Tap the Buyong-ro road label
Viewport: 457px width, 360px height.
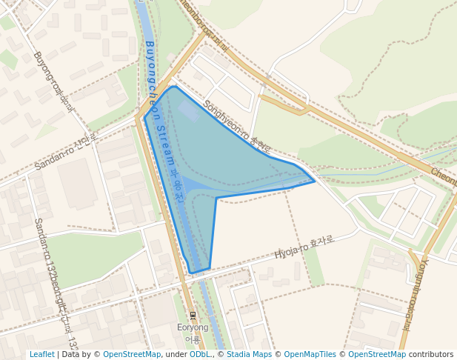click(x=54, y=81)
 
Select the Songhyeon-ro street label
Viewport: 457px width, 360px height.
click(x=237, y=126)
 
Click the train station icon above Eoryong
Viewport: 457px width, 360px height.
click(x=193, y=316)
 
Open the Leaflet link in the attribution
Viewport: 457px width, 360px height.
click(x=42, y=355)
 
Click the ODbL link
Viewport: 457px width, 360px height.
click(x=199, y=355)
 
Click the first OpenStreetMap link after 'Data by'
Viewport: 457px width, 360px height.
click(x=132, y=355)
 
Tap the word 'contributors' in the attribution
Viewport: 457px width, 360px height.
click(x=431, y=355)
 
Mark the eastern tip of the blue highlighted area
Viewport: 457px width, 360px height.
click(x=314, y=180)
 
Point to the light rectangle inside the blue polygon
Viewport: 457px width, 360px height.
click(x=188, y=111)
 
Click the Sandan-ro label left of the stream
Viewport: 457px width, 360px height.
click(x=65, y=152)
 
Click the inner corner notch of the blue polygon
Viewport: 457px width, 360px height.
click(x=216, y=198)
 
